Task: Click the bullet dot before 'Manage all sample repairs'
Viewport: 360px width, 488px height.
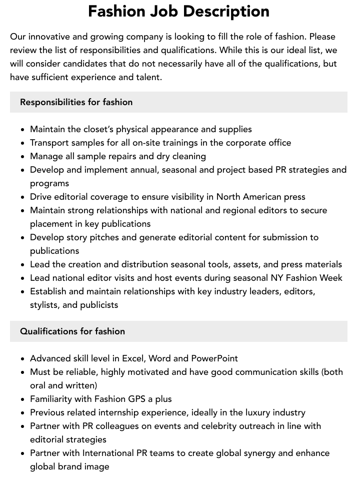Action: click(23, 156)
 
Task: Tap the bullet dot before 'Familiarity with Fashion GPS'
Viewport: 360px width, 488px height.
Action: click(23, 399)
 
